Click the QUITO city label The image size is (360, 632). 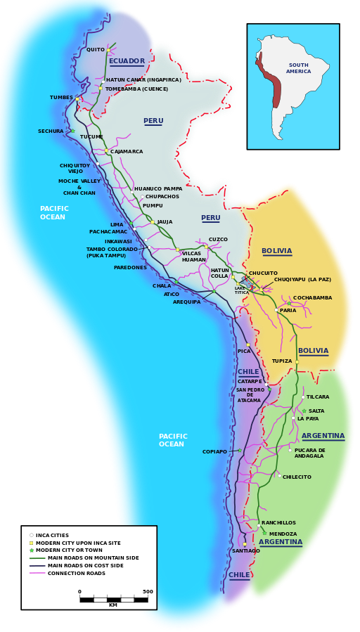[95, 50]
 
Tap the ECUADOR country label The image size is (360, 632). [127, 61]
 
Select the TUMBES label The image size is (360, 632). [61, 98]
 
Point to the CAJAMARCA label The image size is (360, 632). [127, 152]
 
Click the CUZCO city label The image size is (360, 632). [218, 240]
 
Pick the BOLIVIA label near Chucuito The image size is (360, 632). [276, 251]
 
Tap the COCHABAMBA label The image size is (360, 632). [312, 298]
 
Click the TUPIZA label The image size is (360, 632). [282, 361]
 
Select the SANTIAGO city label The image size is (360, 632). [245, 551]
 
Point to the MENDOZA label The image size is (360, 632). [283, 534]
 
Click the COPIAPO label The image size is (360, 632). [214, 451]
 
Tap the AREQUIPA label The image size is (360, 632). [186, 302]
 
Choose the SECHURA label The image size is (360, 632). [51, 131]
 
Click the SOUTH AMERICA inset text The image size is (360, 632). [298, 68]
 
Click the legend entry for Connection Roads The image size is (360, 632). [77, 574]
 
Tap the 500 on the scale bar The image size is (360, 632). [148, 591]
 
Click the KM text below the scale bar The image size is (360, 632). [113, 605]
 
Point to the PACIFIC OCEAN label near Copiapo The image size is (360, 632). [172, 441]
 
